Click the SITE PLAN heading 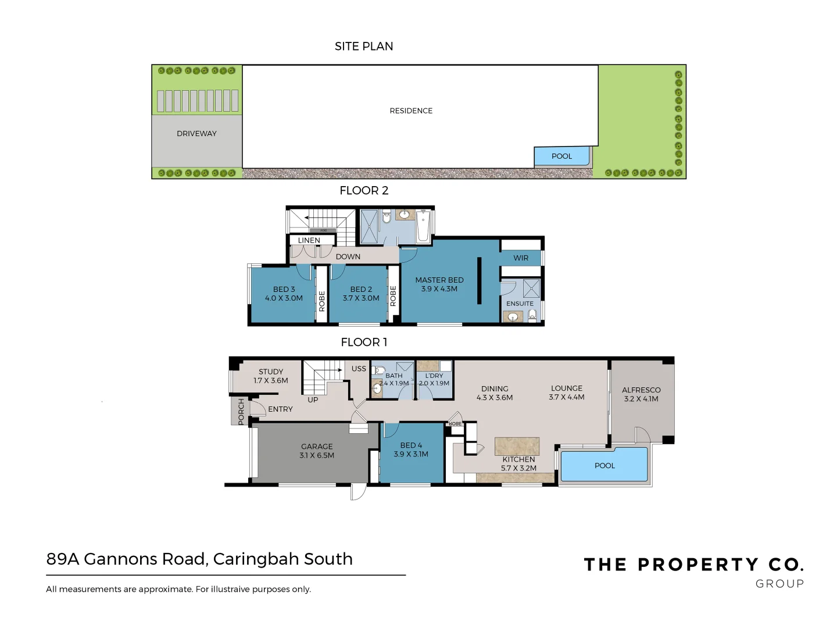(364, 47)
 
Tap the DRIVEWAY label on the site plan (196, 134)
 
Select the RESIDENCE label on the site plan (411, 111)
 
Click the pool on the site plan (561, 156)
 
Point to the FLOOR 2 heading (364, 191)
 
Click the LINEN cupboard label (309, 240)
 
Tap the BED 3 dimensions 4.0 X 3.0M (284, 298)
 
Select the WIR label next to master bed (521, 258)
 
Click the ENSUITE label (520, 304)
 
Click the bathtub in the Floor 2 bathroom (423, 227)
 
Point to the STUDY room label (271, 372)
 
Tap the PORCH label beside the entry (241, 412)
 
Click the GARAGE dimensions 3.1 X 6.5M (317, 455)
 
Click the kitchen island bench (517, 447)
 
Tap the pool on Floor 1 (604, 465)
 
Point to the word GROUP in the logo (779, 584)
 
